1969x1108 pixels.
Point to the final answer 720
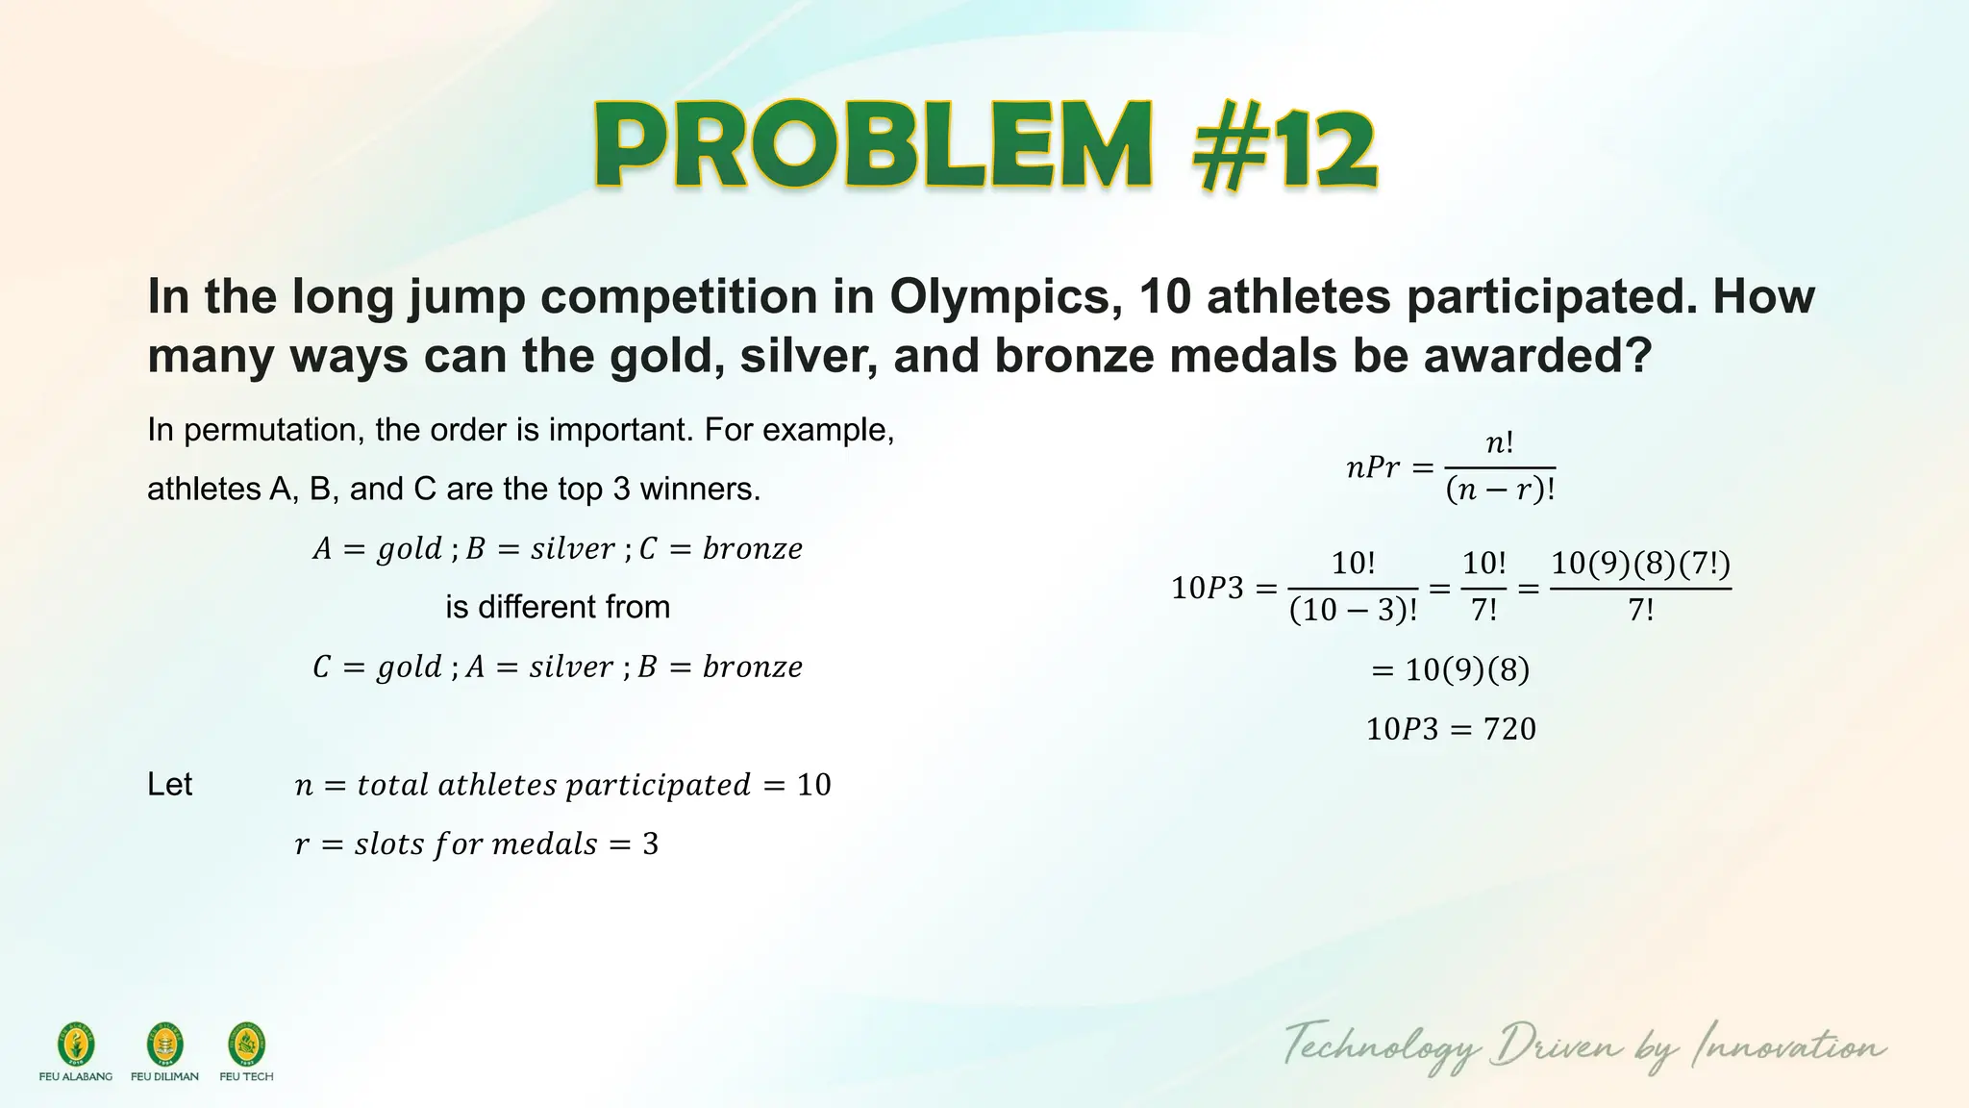click(x=1509, y=729)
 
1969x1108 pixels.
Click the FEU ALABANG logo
click(x=76, y=1045)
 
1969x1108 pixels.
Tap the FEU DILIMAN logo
click(x=164, y=1045)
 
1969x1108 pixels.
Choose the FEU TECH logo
click(x=246, y=1045)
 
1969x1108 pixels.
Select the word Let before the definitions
click(x=170, y=785)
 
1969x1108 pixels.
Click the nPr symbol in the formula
click(x=1372, y=467)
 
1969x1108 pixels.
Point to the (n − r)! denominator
click(x=1500, y=491)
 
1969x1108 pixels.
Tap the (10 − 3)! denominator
click(x=1353, y=610)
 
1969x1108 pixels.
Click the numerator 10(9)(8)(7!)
click(x=1640, y=564)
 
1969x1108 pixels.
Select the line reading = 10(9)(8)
click(x=1450, y=669)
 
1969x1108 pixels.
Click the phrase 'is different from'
click(x=558, y=607)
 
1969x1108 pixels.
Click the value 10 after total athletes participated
click(x=813, y=785)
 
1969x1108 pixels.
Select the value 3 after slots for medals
click(x=651, y=844)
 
